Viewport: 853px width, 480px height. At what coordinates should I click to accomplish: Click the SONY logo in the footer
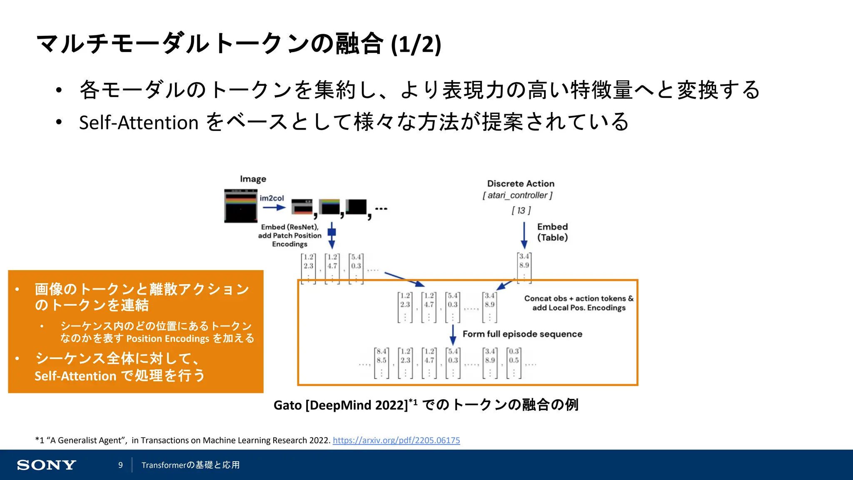coord(46,465)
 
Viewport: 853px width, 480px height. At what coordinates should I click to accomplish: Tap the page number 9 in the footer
coord(120,465)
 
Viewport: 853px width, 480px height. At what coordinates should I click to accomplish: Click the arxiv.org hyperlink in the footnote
coord(396,440)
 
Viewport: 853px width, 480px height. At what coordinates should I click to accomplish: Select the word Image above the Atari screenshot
coord(253,179)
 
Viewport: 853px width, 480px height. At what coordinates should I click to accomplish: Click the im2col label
coord(272,198)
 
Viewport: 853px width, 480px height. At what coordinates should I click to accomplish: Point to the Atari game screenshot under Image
coord(240,206)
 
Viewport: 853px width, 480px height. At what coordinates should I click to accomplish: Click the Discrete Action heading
coord(521,184)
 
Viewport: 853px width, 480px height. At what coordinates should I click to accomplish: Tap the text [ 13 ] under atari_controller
coord(521,210)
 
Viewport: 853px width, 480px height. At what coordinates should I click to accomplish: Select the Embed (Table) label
coord(552,232)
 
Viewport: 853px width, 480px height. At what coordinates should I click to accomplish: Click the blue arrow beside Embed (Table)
coord(524,235)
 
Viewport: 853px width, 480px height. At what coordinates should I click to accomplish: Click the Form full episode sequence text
coord(522,334)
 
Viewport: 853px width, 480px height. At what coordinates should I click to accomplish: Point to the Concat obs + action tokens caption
coord(579,303)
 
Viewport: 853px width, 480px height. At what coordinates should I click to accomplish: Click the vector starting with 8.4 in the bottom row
coord(382,362)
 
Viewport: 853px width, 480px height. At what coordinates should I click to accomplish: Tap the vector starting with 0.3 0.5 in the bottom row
coord(514,362)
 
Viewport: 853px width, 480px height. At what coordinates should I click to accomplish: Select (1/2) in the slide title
coord(416,44)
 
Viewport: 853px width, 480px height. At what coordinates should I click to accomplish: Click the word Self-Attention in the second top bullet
coord(138,123)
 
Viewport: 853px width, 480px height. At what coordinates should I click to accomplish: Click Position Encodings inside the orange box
coord(167,338)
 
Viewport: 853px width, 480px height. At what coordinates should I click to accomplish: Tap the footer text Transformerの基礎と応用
coord(190,465)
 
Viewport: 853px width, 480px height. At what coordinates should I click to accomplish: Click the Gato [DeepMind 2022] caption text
coord(341,405)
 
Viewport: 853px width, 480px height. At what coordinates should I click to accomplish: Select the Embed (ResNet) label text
coord(289,227)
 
